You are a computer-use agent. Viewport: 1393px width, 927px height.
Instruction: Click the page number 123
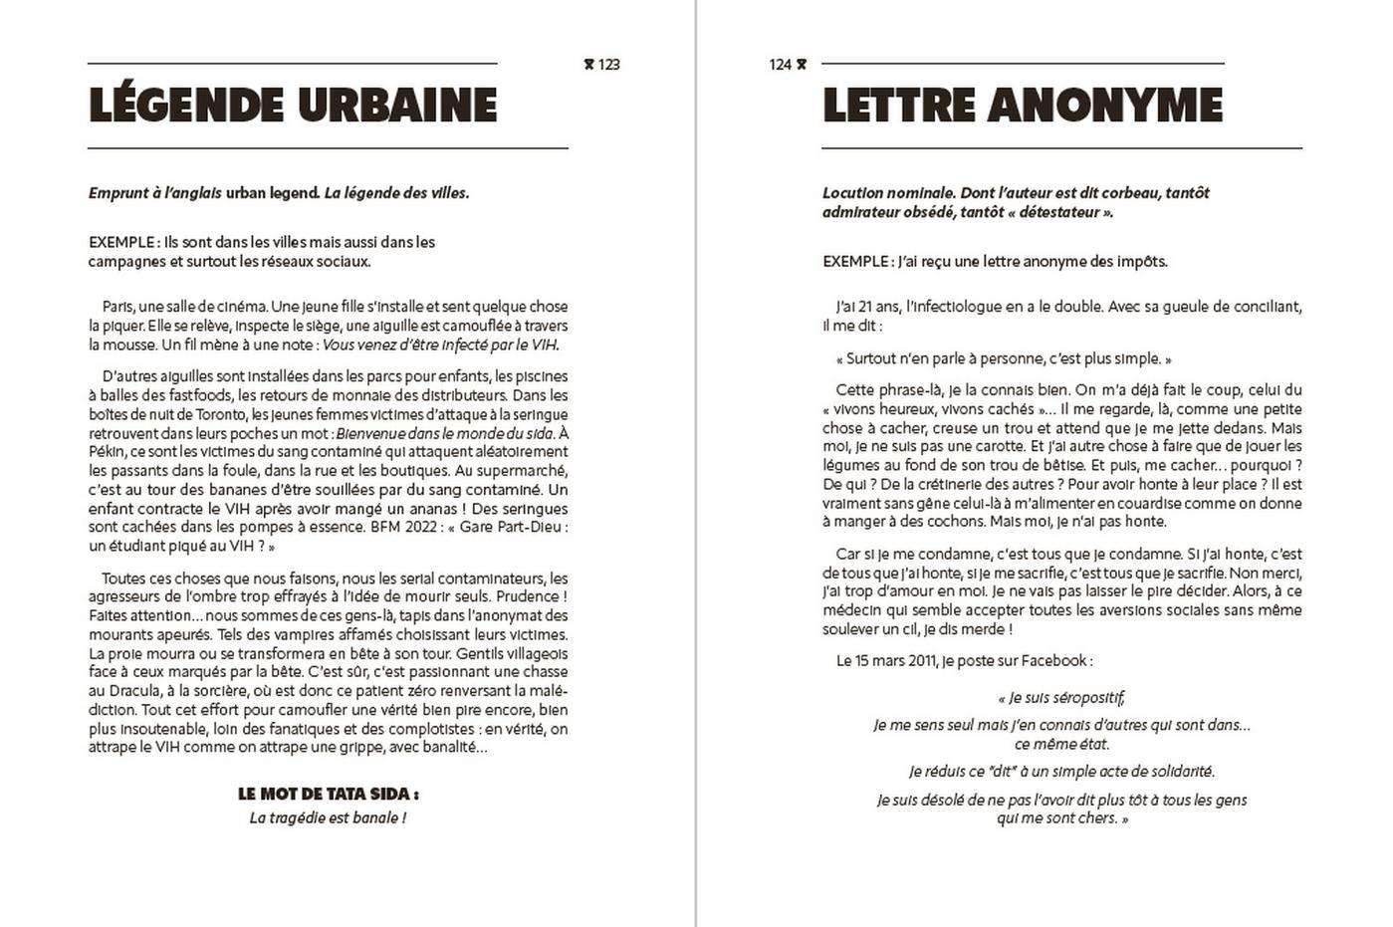(x=609, y=65)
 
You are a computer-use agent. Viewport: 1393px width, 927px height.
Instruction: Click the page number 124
(x=780, y=65)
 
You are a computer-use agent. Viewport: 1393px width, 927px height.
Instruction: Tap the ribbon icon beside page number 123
(x=588, y=65)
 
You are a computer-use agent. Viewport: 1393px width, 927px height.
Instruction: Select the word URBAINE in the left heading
(x=397, y=106)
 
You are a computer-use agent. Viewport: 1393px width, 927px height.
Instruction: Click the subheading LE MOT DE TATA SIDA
(x=328, y=795)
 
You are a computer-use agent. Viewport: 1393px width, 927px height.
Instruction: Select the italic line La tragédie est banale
(x=328, y=818)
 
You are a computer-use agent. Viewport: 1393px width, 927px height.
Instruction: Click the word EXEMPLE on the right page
(x=855, y=262)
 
